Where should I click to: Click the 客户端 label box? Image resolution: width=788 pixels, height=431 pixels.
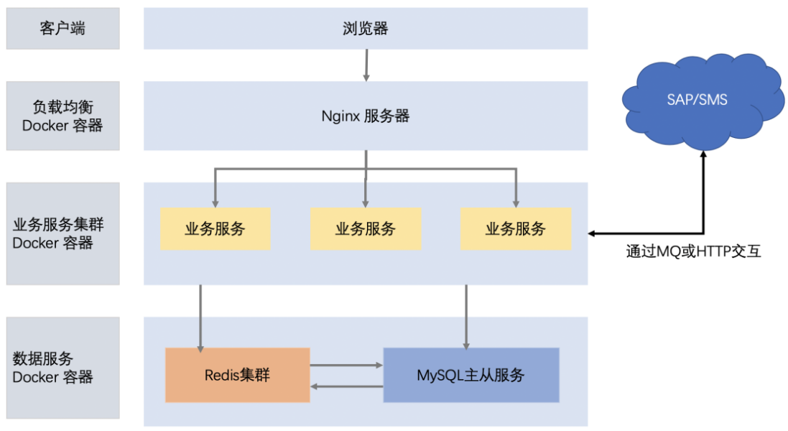[x=63, y=29]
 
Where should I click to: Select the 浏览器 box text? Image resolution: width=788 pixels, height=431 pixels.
[x=366, y=29]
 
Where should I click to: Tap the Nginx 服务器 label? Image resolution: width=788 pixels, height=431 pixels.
[x=366, y=116]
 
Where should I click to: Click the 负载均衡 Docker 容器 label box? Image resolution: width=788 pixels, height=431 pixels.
[x=63, y=116]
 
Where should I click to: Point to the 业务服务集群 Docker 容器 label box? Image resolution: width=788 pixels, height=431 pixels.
[x=63, y=233]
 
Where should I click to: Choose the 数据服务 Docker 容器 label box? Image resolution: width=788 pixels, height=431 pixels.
[x=63, y=367]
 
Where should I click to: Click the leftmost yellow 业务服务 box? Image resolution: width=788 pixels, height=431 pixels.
[x=215, y=229]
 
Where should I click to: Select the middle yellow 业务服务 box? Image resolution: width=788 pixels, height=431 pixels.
[x=366, y=229]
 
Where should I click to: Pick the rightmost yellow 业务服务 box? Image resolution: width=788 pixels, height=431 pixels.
[x=516, y=229]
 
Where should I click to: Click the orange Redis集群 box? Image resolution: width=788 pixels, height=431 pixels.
[x=237, y=375]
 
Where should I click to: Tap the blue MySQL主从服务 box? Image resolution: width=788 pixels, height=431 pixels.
[x=471, y=375]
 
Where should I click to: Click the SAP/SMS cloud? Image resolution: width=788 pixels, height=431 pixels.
[x=703, y=100]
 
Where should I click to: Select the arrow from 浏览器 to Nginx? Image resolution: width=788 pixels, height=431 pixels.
[x=366, y=65]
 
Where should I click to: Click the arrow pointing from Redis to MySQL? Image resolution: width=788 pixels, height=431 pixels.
[x=346, y=365]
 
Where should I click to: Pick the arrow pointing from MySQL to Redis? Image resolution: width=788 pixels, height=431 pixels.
[x=346, y=386]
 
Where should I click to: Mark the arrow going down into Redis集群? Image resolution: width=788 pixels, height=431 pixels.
[x=200, y=316]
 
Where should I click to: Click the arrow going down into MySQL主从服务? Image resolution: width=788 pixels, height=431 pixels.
[x=467, y=316]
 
